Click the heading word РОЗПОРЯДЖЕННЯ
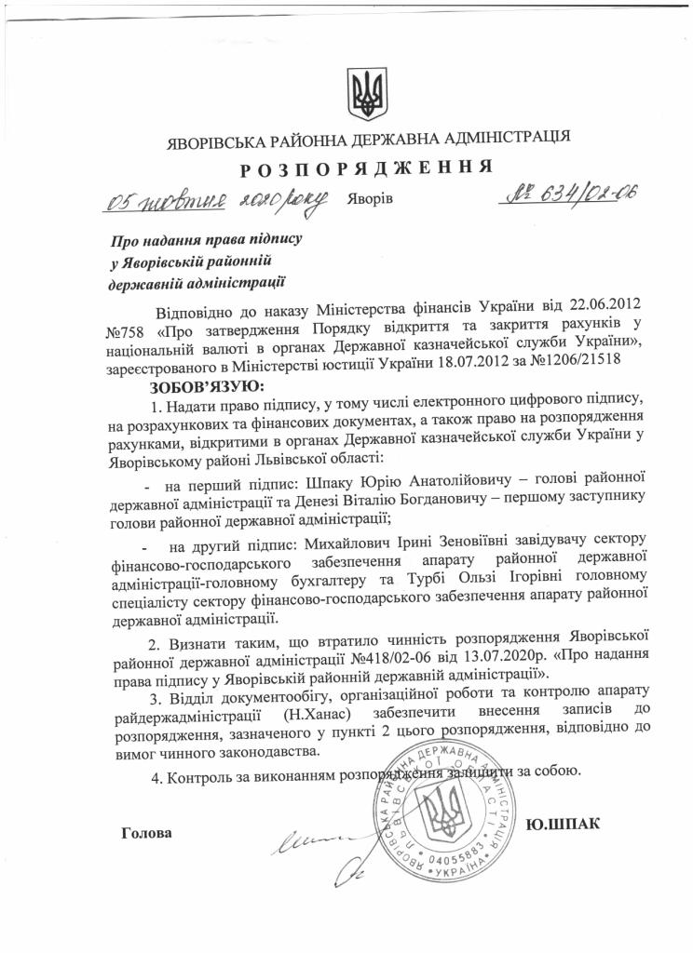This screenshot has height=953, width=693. click(x=366, y=169)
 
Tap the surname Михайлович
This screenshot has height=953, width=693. click(x=336, y=542)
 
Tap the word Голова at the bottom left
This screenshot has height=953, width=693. click(x=147, y=832)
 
